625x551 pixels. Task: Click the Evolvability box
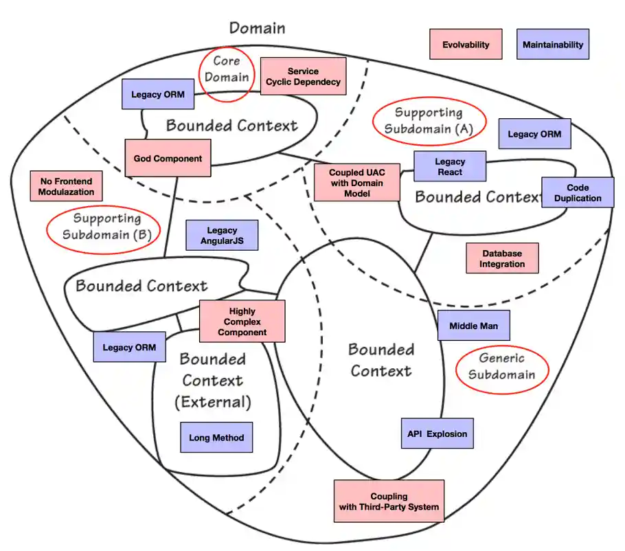pyautogui.click(x=466, y=44)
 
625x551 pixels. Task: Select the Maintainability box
pyautogui.click(x=552, y=44)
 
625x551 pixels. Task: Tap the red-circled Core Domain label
pyautogui.click(x=227, y=69)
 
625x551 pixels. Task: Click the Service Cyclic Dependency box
pyautogui.click(x=303, y=76)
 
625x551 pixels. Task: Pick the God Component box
pyautogui.click(x=168, y=158)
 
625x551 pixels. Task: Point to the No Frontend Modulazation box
pyautogui.click(x=67, y=186)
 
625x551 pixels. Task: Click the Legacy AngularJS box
pyautogui.click(x=222, y=236)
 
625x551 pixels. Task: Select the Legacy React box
pyautogui.click(x=450, y=166)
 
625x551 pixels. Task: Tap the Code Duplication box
pyautogui.click(x=578, y=193)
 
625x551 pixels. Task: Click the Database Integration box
pyautogui.click(x=501, y=258)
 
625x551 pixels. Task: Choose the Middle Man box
pyautogui.click(x=473, y=325)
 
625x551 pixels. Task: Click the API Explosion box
pyautogui.click(x=437, y=434)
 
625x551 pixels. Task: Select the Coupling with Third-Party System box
pyautogui.click(x=389, y=502)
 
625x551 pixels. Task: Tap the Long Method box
pyautogui.click(x=216, y=437)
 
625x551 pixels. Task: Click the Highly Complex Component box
pyautogui.click(x=242, y=322)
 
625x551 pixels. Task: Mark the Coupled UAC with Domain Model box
pyautogui.click(x=356, y=183)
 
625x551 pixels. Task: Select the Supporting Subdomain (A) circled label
pyautogui.click(x=429, y=120)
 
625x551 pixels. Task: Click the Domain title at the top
pyautogui.click(x=257, y=27)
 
